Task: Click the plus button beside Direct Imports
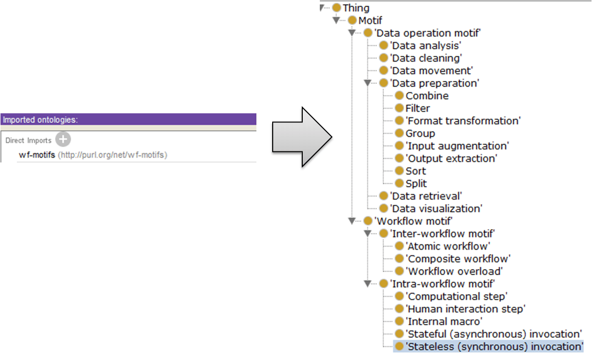(63, 139)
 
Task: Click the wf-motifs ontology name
(37, 155)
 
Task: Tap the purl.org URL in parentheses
(112, 155)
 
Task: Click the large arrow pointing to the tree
(301, 136)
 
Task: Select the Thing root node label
(356, 8)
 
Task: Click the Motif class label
(370, 21)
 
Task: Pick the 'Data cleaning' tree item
(426, 58)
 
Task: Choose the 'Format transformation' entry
(463, 121)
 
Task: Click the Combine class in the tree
(427, 96)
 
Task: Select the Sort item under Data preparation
(416, 171)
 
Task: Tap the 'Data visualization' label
(436, 209)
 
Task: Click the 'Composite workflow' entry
(458, 259)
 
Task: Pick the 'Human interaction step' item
(465, 309)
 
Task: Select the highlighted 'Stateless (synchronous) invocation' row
(494, 346)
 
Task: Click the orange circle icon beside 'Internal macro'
(399, 321)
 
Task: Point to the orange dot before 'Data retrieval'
(383, 196)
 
